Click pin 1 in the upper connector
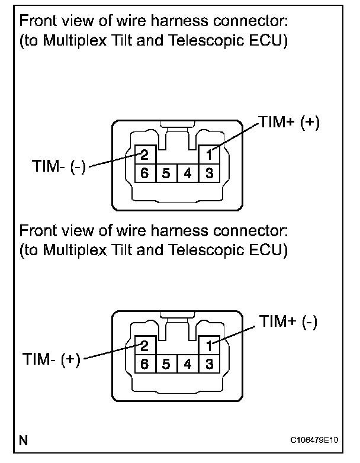(x=208, y=156)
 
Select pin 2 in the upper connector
(x=144, y=156)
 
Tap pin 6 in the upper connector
(x=144, y=173)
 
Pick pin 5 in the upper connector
(x=166, y=173)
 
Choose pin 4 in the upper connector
(x=187, y=173)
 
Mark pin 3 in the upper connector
(x=208, y=173)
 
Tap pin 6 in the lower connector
(x=144, y=364)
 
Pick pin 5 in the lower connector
(x=166, y=364)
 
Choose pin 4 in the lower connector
(x=187, y=364)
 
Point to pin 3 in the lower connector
(x=208, y=364)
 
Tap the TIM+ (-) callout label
(x=288, y=322)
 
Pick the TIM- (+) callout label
(x=51, y=359)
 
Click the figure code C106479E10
(x=314, y=441)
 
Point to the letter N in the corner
(x=23, y=441)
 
